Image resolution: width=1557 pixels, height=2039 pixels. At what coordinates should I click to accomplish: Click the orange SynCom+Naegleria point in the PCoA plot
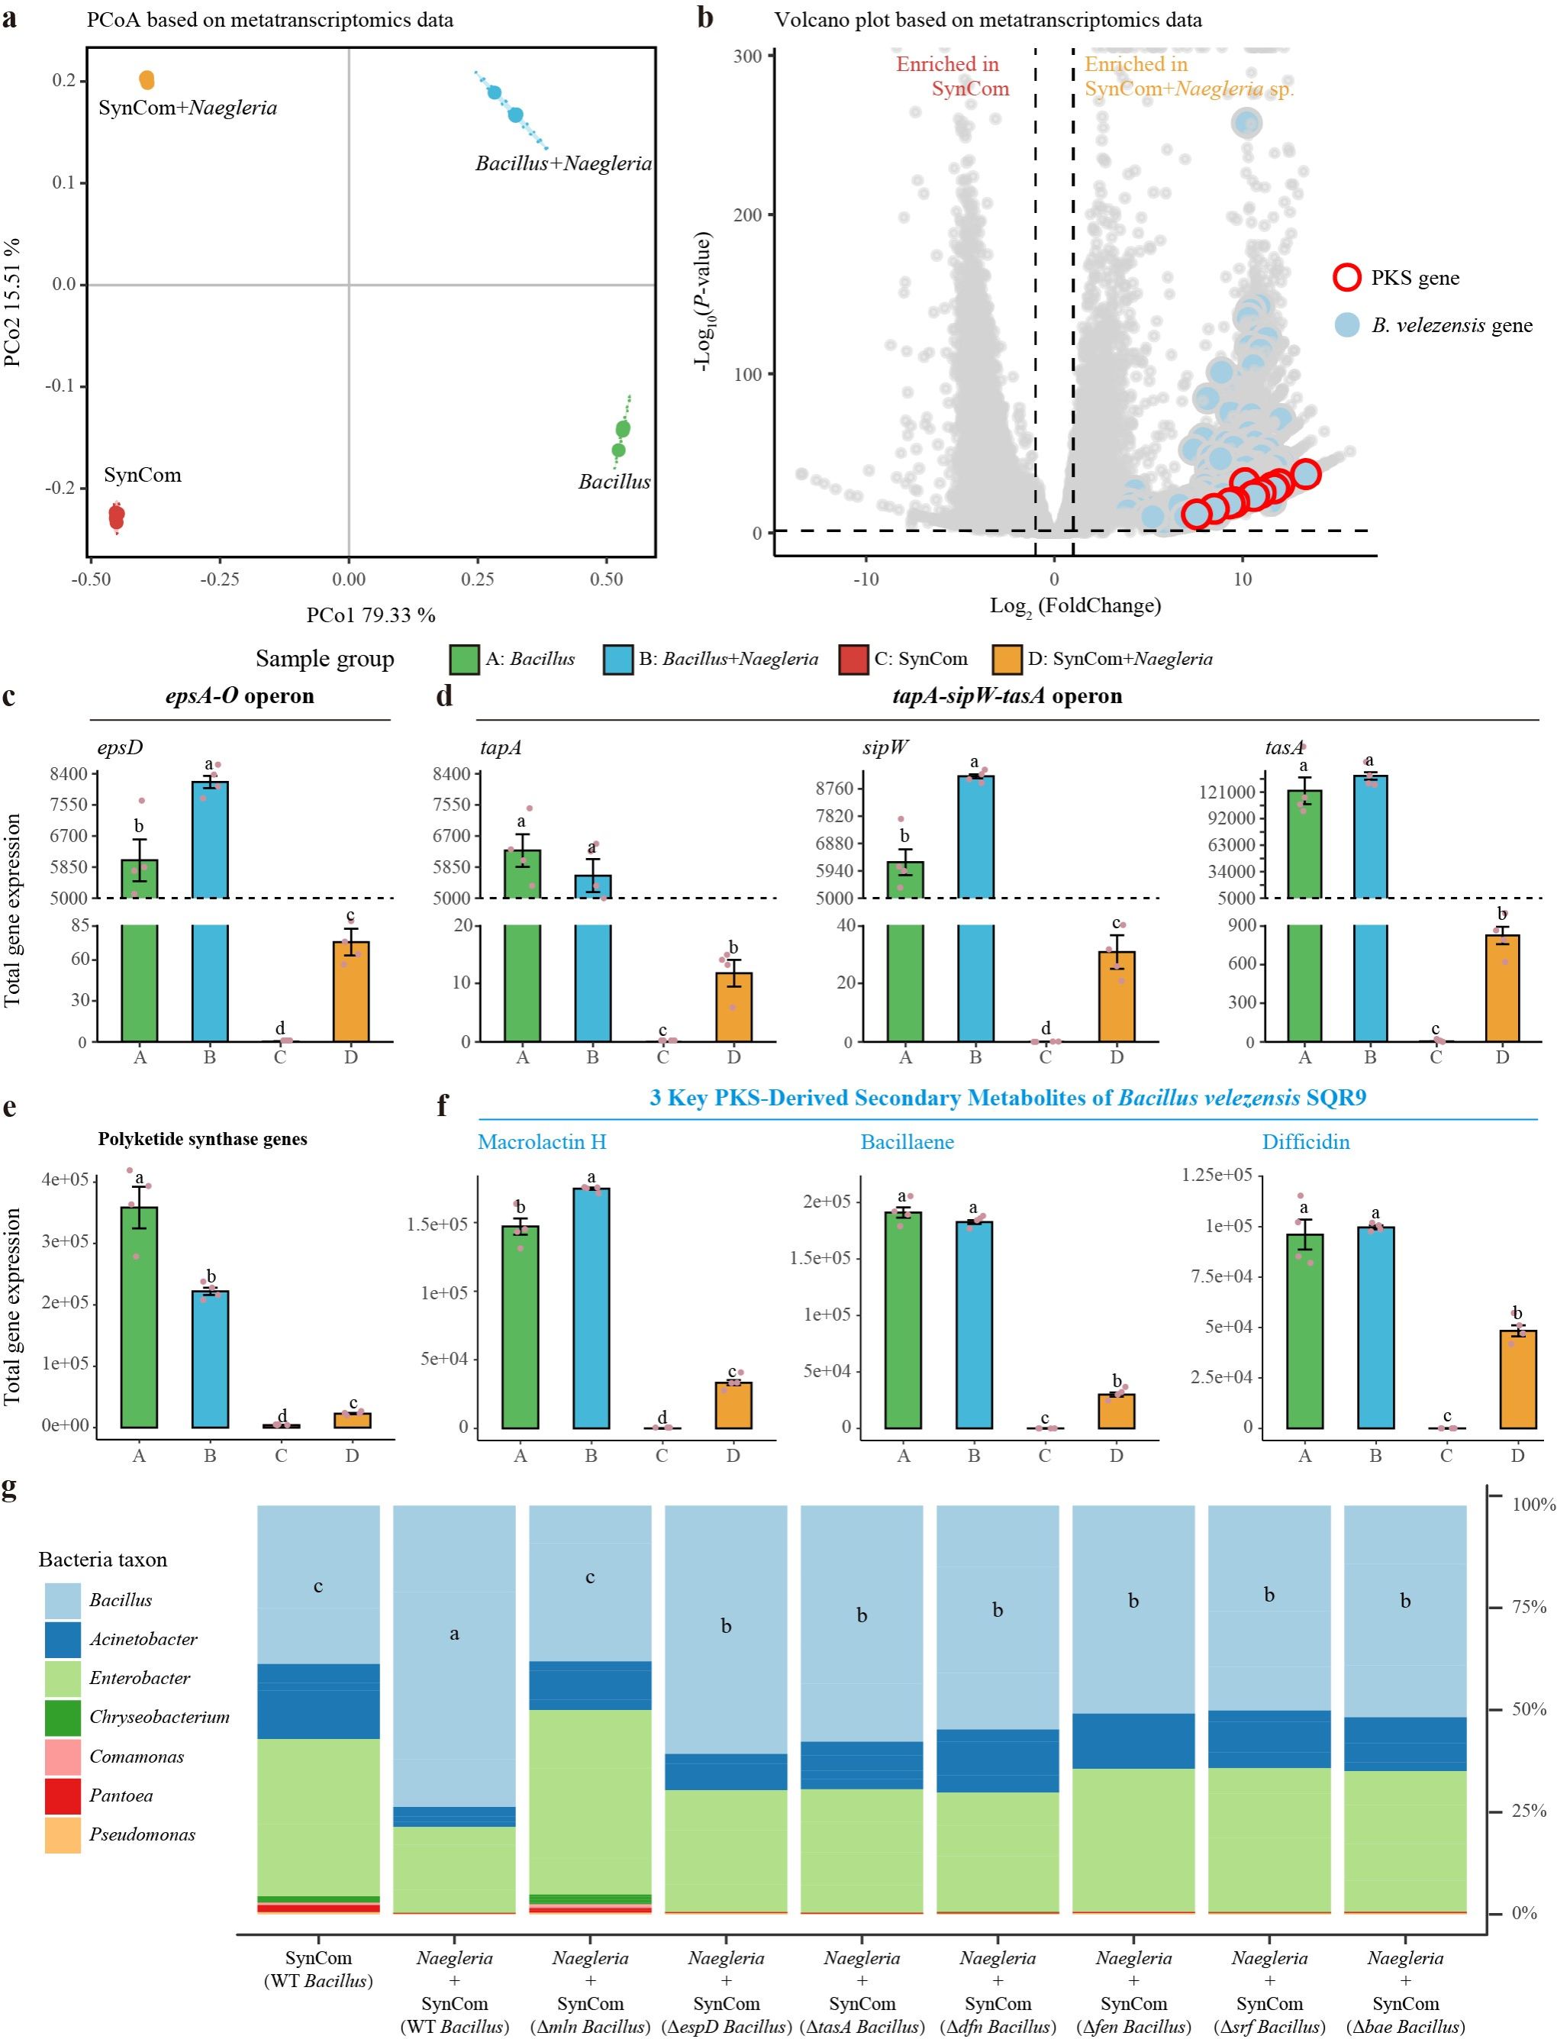(x=147, y=81)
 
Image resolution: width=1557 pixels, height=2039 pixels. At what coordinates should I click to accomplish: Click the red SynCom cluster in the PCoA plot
(x=117, y=515)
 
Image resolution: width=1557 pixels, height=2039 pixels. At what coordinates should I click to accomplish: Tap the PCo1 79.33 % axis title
(x=371, y=615)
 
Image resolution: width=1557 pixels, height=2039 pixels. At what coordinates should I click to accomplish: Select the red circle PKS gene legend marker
(x=1346, y=277)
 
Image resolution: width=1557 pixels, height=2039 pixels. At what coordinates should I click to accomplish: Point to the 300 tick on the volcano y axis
(x=748, y=56)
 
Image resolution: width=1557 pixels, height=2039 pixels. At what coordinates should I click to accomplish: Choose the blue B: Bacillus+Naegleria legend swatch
(x=617, y=660)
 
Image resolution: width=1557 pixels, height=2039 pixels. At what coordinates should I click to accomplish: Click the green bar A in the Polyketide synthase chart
(x=139, y=1316)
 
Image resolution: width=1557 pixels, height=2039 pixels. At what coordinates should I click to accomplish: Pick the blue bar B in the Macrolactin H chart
(x=592, y=1307)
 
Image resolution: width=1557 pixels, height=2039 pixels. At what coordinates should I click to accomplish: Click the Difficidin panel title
(x=1305, y=1142)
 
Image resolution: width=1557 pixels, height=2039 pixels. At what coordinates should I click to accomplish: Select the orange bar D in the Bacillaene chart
(x=1116, y=1411)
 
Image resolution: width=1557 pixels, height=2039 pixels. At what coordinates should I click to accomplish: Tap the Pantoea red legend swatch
(x=63, y=1795)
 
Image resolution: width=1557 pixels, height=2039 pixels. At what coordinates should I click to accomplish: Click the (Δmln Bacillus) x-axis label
(x=591, y=2027)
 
